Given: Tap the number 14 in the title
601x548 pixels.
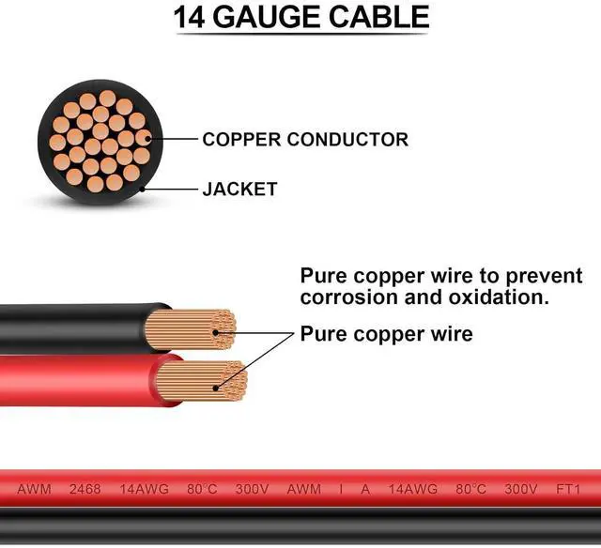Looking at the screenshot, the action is tap(191, 18).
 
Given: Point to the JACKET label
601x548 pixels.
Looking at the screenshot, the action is tap(239, 189).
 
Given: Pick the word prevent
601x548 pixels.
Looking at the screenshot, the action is tap(545, 277).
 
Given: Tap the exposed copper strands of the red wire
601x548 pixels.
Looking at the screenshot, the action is tap(202, 383).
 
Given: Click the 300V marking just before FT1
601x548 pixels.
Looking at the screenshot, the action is tap(520, 490).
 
